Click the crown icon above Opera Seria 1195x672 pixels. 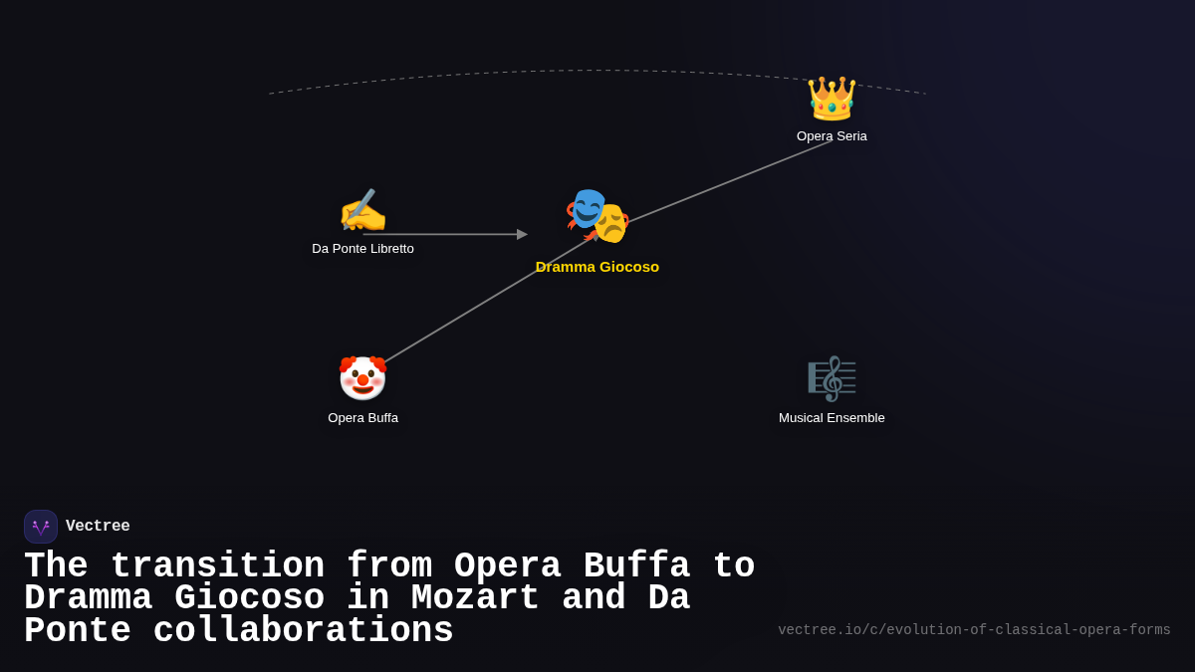coord(832,98)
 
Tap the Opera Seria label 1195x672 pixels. coord(832,136)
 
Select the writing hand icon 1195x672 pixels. coord(362,211)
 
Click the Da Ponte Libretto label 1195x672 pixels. coord(362,249)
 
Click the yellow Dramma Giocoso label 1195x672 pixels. coord(597,267)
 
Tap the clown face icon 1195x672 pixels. coord(362,378)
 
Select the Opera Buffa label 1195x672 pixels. coord(362,418)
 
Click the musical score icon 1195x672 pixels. coord(832,378)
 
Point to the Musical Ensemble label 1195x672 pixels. coord(832,418)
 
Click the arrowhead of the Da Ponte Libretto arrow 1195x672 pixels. coord(522,235)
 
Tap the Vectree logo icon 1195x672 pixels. coord(41,527)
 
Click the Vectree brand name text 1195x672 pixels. coord(98,527)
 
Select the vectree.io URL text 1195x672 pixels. coord(974,630)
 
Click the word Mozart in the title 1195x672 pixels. coord(475,598)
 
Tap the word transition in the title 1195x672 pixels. coord(217,566)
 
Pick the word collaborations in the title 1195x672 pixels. coord(303,631)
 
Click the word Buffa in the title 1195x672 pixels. coord(636,566)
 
